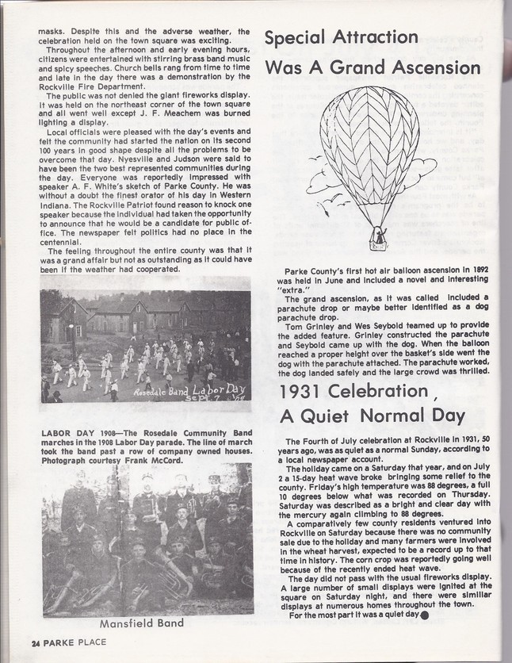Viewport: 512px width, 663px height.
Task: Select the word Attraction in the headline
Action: (x=374, y=37)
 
